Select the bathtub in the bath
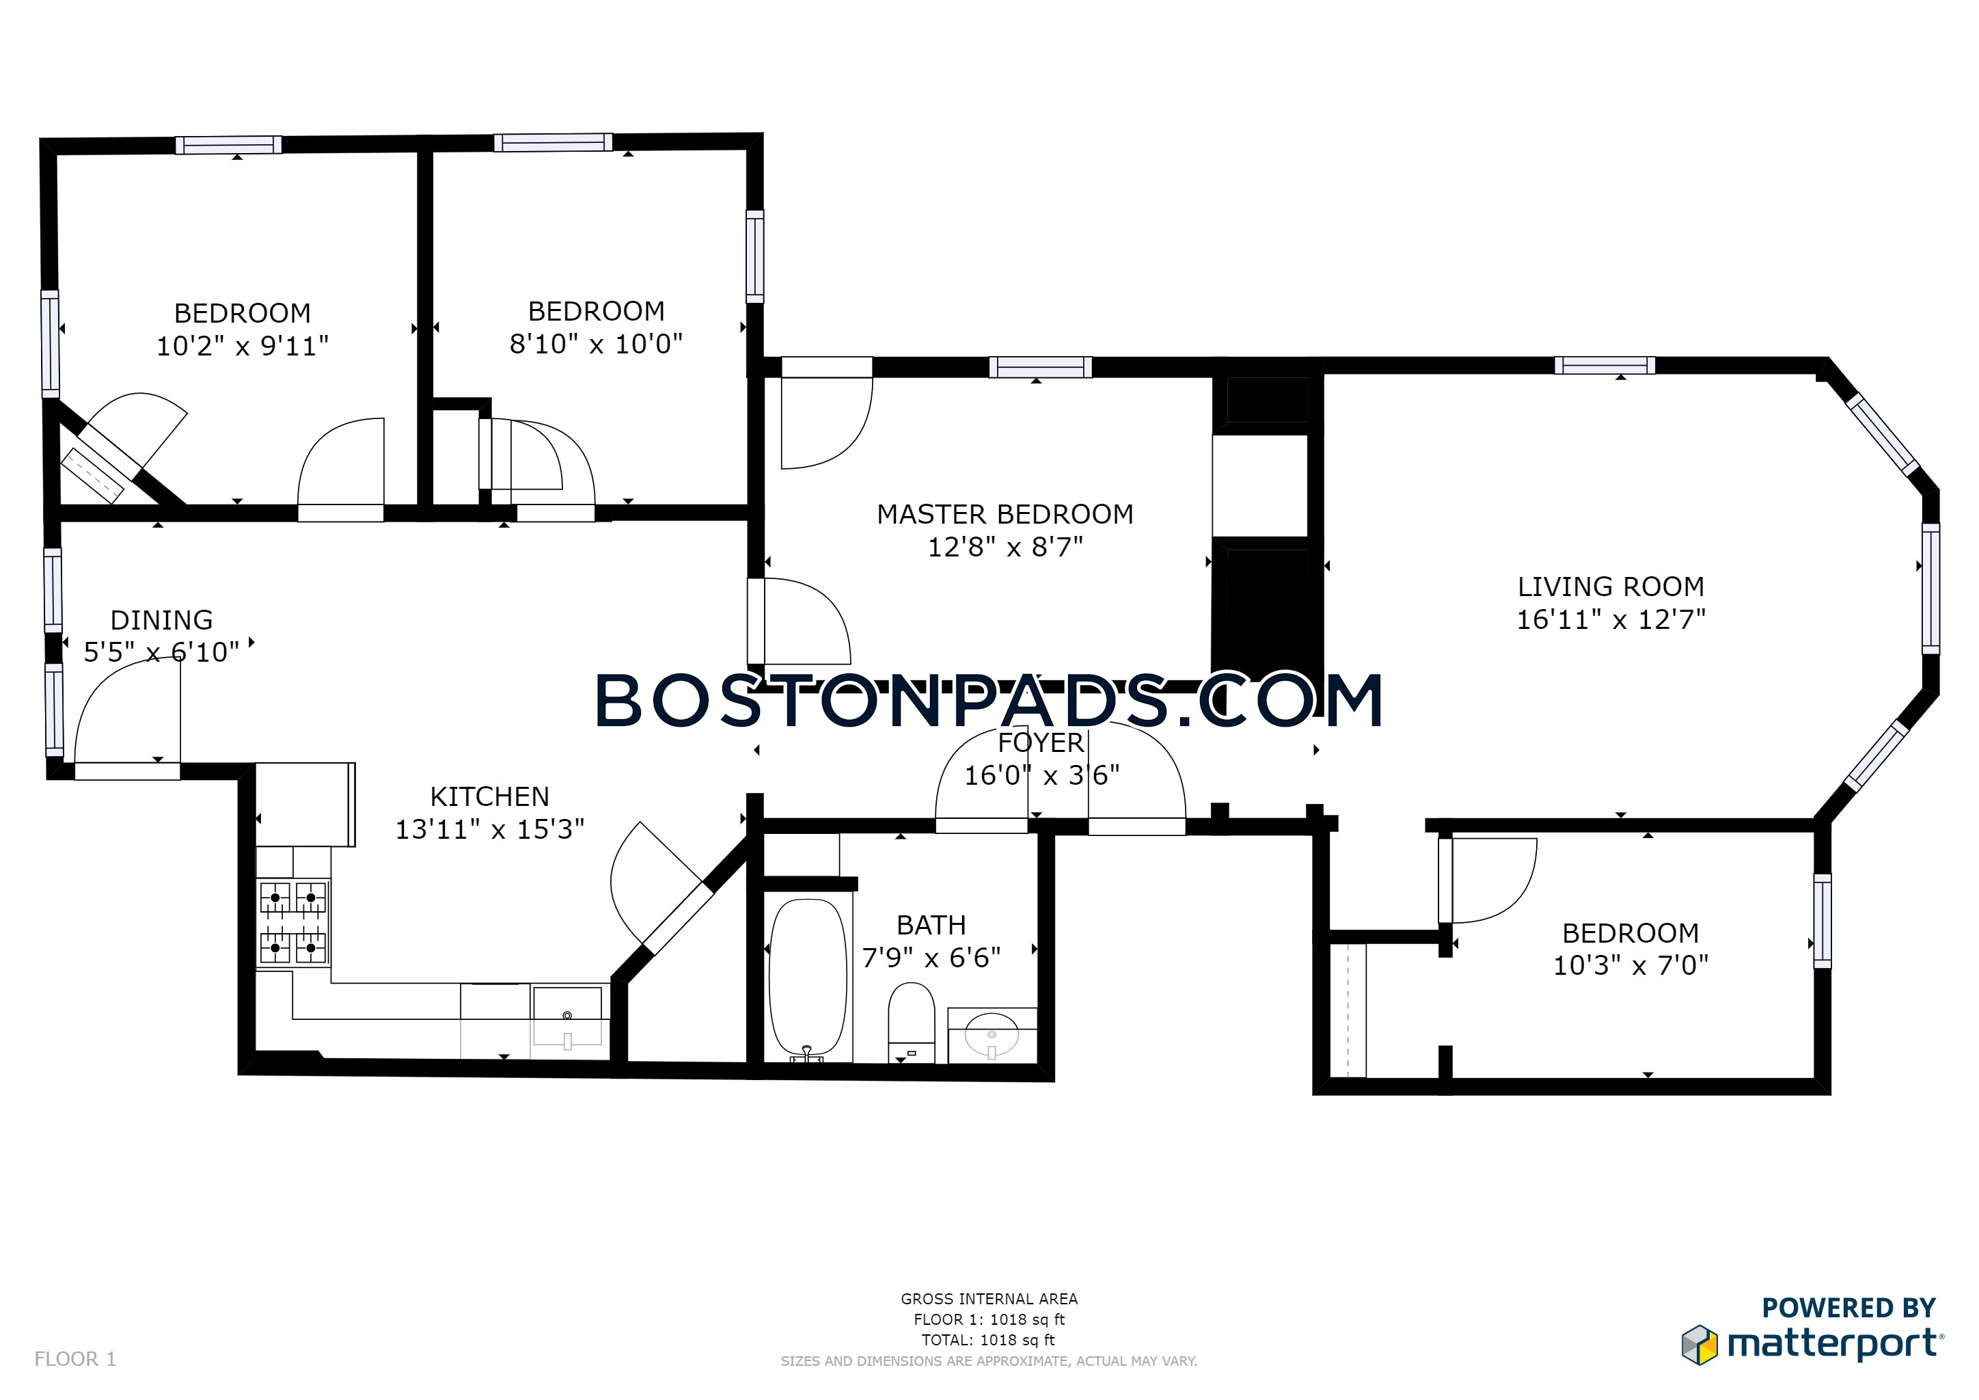pyautogui.click(x=807, y=980)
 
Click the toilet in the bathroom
pyautogui.click(x=911, y=1024)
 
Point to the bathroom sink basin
pyautogui.click(x=992, y=1034)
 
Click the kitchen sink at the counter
pyautogui.click(x=567, y=1016)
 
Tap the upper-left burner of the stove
pyautogui.click(x=275, y=898)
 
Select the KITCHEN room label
pyautogui.click(x=489, y=796)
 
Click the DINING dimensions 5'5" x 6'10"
pyautogui.click(x=161, y=653)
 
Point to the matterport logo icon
pyautogui.click(x=1699, y=1345)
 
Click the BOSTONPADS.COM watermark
pyautogui.click(x=989, y=701)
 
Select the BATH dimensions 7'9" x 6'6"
pyautogui.click(x=931, y=958)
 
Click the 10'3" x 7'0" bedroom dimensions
pyautogui.click(x=1630, y=965)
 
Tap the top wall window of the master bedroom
pyautogui.click(x=1039, y=367)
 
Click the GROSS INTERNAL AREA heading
pyautogui.click(x=989, y=1298)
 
